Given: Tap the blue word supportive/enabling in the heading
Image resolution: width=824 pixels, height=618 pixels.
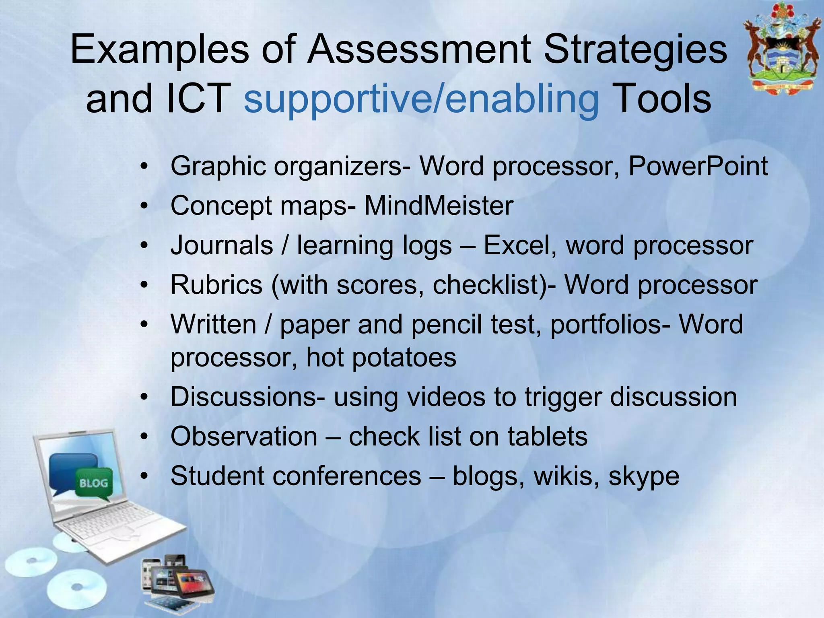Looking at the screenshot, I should point(421,99).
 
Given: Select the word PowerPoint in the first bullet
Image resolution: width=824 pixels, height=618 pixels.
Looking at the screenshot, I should point(698,166).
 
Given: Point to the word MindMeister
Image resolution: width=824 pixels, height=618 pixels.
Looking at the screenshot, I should point(439,206).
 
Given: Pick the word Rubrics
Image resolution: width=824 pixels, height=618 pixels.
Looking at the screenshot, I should point(216,285).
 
